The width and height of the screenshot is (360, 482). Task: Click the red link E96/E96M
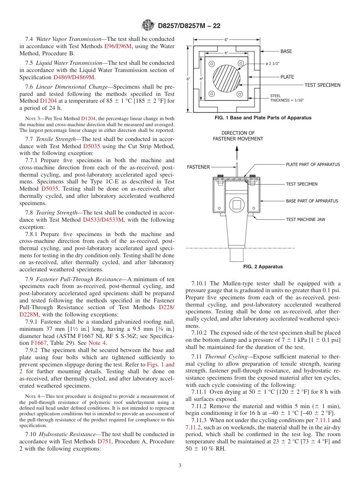click(x=117, y=46)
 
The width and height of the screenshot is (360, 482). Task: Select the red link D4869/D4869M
click(x=74, y=77)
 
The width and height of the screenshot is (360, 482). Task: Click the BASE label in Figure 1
click(x=286, y=51)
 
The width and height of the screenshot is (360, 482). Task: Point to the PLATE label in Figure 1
click(x=287, y=77)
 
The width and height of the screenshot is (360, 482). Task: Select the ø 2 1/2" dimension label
click(x=272, y=64)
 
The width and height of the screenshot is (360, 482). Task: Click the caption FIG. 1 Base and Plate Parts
click(x=263, y=118)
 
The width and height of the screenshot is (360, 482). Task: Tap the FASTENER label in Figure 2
click(x=198, y=167)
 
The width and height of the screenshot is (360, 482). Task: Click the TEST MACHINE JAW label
click(x=305, y=219)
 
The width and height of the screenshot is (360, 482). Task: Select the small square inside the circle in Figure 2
click(x=237, y=205)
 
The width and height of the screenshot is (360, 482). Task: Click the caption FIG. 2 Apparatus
click(x=263, y=267)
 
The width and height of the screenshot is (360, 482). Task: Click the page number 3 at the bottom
click(x=180, y=465)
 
